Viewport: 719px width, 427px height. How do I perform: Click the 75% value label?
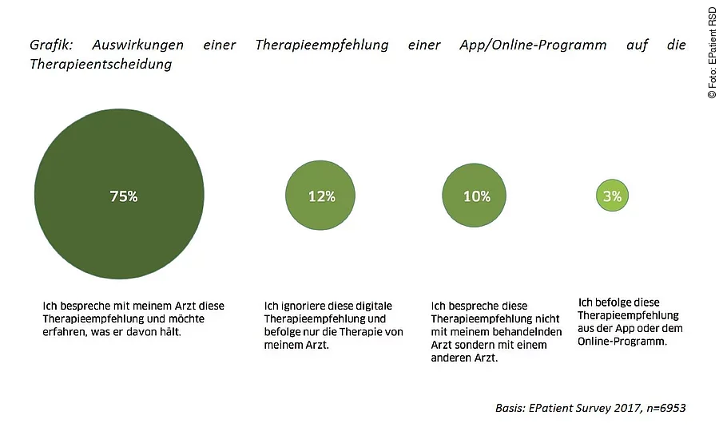(123, 196)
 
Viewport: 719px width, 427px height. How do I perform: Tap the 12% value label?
(321, 196)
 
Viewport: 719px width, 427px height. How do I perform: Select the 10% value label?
(476, 196)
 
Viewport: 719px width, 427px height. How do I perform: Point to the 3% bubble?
(613, 195)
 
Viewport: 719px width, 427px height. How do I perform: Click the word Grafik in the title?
(50, 45)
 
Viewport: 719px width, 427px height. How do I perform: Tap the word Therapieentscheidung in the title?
(101, 65)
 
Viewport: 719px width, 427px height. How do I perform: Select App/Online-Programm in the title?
(533, 45)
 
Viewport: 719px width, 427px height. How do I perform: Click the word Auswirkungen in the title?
(137, 45)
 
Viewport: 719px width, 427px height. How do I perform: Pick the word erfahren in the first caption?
(64, 331)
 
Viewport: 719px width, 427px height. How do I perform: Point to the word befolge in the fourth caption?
(608, 302)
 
